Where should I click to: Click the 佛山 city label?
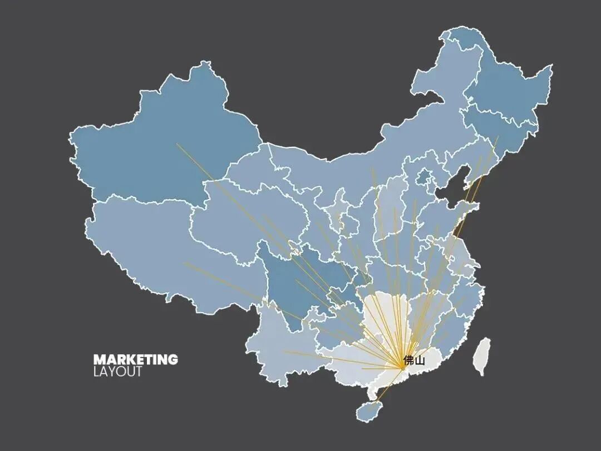[x=414, y=360]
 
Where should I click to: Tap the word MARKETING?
[x=135, y=359]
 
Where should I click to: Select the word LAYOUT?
[x=117, y=371]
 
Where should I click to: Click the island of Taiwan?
[x=482, y=356]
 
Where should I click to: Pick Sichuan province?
[x=300, y=278]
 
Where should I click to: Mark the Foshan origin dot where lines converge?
[x=402, y=368]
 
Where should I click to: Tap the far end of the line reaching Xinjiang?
[x=178, y=144]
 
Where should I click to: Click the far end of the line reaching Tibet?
[x=184, y=263]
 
